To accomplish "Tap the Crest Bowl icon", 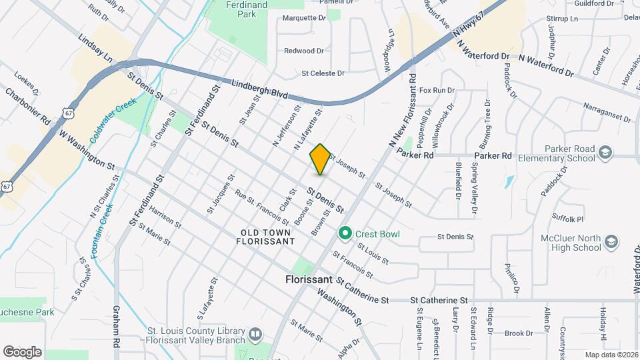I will [345, 233].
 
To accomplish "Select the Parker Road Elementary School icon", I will [605, 153].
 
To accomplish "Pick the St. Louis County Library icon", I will [254, 333].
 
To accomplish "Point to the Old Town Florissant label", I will [265, 237].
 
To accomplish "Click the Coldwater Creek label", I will [114, 119].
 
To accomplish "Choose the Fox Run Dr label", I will [437, 90].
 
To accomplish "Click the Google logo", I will [22, 351].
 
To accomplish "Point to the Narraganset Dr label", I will [607, 112].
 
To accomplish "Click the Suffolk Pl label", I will [568, 218].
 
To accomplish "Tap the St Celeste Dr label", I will [323, 73].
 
